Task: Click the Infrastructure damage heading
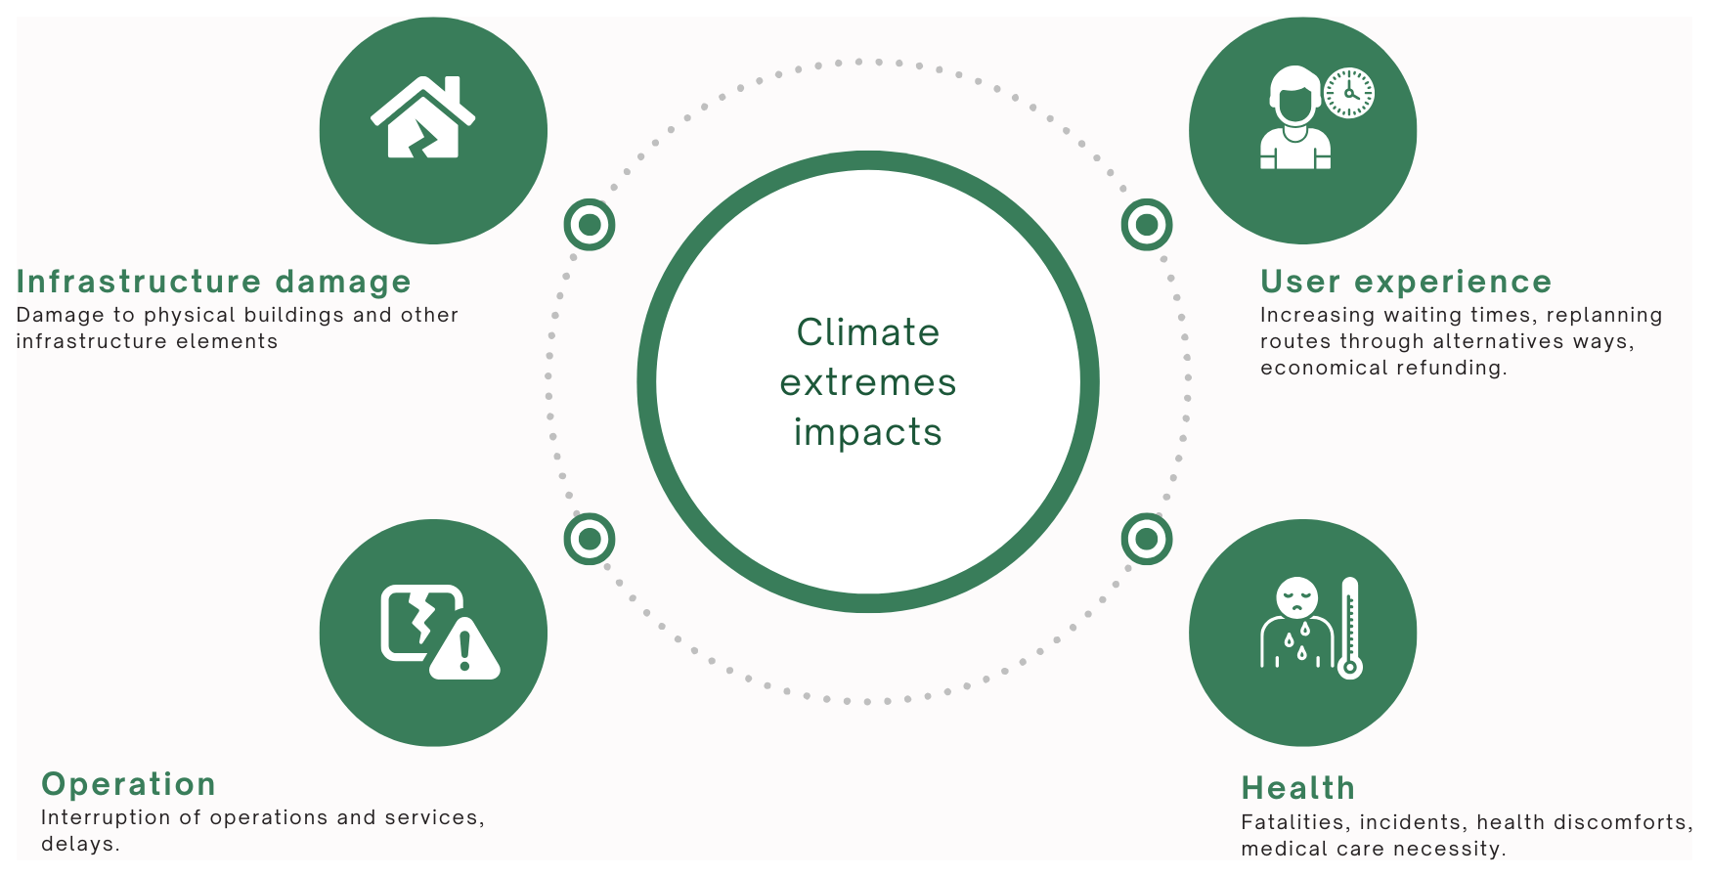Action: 213,282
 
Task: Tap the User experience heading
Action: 1406,282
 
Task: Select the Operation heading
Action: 128,784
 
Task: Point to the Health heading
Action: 1298,788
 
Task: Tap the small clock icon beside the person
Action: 1349,93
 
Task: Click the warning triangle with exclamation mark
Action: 464,649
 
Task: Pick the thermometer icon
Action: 1350,628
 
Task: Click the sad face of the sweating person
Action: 1297,596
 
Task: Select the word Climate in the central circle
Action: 868,332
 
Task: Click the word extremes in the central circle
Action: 868,382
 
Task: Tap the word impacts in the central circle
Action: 868,432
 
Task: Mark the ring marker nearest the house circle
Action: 590,225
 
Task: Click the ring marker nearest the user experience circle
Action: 1147,225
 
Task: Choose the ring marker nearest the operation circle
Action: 590,539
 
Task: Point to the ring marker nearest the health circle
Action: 1147,539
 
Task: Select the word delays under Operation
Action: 80,844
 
